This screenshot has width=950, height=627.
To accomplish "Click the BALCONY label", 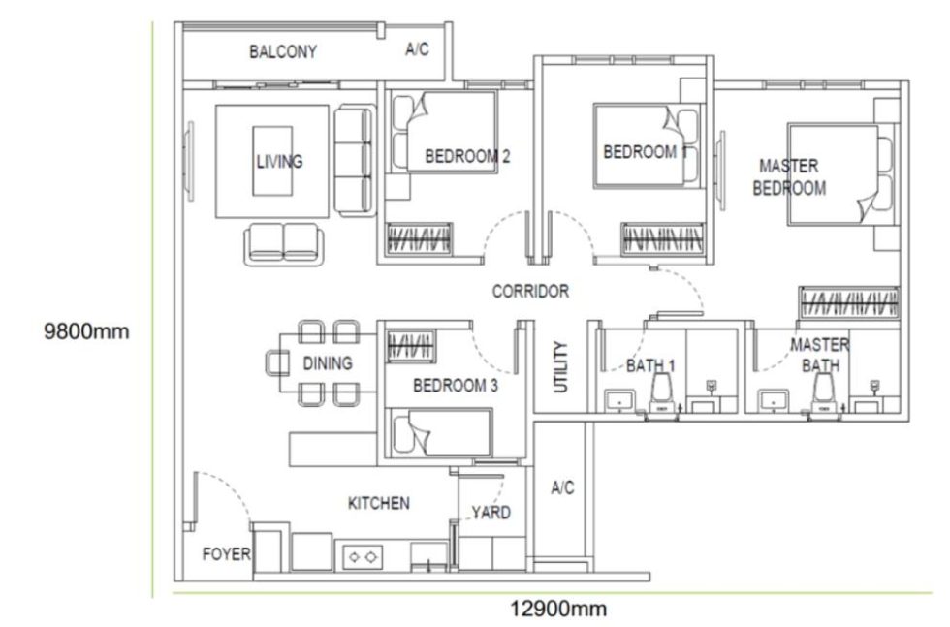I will [x=283, y=52].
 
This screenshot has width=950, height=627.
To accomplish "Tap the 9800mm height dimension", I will [x=86, y=331].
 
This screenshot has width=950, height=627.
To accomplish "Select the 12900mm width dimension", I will [x=558, y=609].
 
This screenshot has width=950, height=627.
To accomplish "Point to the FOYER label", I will [x=226, y=555].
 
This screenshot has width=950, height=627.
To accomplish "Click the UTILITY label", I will [x=560, y=366].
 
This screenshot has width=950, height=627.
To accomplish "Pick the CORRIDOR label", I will [x=530, y=291].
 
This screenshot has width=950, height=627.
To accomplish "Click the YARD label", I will [x=491, y=513].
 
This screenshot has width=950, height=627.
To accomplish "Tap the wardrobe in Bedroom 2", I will [x=420, y=238].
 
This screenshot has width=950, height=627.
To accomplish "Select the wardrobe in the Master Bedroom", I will [x=848, y=302].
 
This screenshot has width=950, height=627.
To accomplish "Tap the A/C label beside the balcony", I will [x=417, y=50].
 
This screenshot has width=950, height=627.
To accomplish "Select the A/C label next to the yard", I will [x=562, y=487].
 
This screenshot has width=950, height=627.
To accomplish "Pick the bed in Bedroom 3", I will [x=440, y=432].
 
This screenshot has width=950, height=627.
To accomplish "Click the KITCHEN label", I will [x=378, y=503].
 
